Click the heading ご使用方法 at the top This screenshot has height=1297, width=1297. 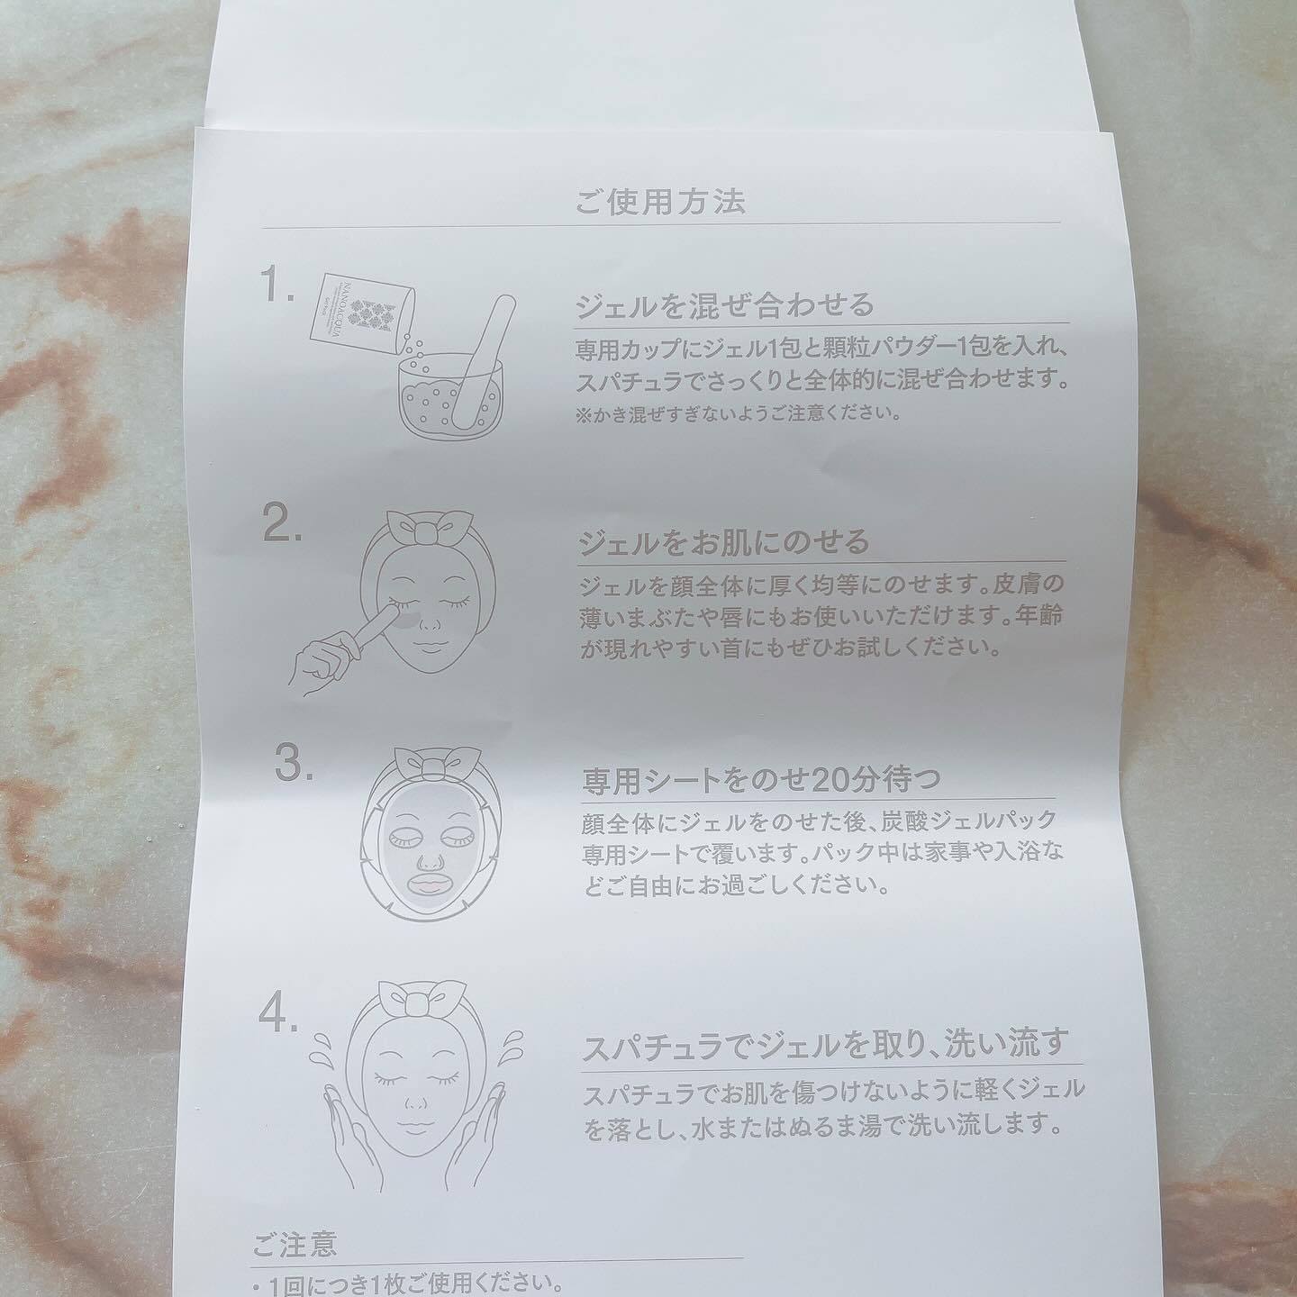660,202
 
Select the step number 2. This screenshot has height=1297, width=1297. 282,526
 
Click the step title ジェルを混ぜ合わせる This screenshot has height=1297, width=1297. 726,305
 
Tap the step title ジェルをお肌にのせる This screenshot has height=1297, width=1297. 724,542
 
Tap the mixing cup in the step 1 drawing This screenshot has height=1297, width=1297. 449,397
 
